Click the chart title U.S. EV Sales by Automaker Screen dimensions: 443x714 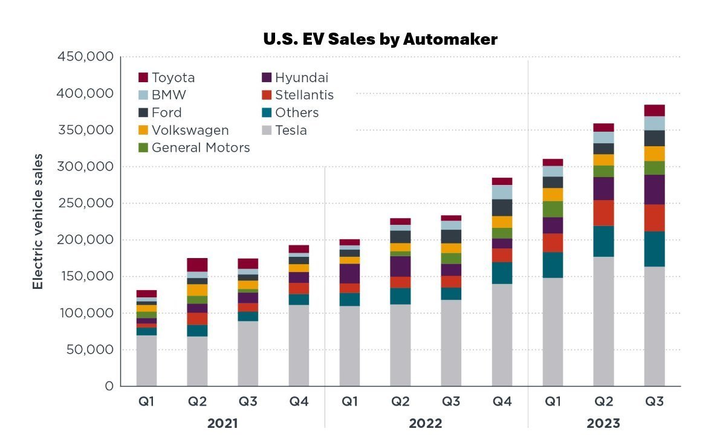(380, 40)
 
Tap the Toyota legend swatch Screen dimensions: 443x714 (143, 77)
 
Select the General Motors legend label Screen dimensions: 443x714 (201, 147)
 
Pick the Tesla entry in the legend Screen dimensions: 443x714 (291, 130)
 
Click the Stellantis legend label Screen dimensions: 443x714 (304, 95)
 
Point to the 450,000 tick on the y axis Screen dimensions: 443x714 (85, 57)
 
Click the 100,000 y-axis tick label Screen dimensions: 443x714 (85, 313)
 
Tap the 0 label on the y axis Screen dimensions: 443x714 (109, 386)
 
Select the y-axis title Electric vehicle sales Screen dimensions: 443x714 (38, 221)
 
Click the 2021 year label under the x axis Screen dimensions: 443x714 (222, 424)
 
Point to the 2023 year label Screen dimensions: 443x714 (603, 424)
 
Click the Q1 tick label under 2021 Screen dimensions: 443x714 (146, 401)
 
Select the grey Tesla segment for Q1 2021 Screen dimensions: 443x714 (146, 361)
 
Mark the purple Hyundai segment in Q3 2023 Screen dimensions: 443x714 (654, 190)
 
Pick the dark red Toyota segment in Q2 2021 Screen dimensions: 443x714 (197, 265)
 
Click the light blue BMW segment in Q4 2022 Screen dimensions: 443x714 (502, 192)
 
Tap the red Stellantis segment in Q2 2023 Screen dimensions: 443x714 (603, 213)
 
